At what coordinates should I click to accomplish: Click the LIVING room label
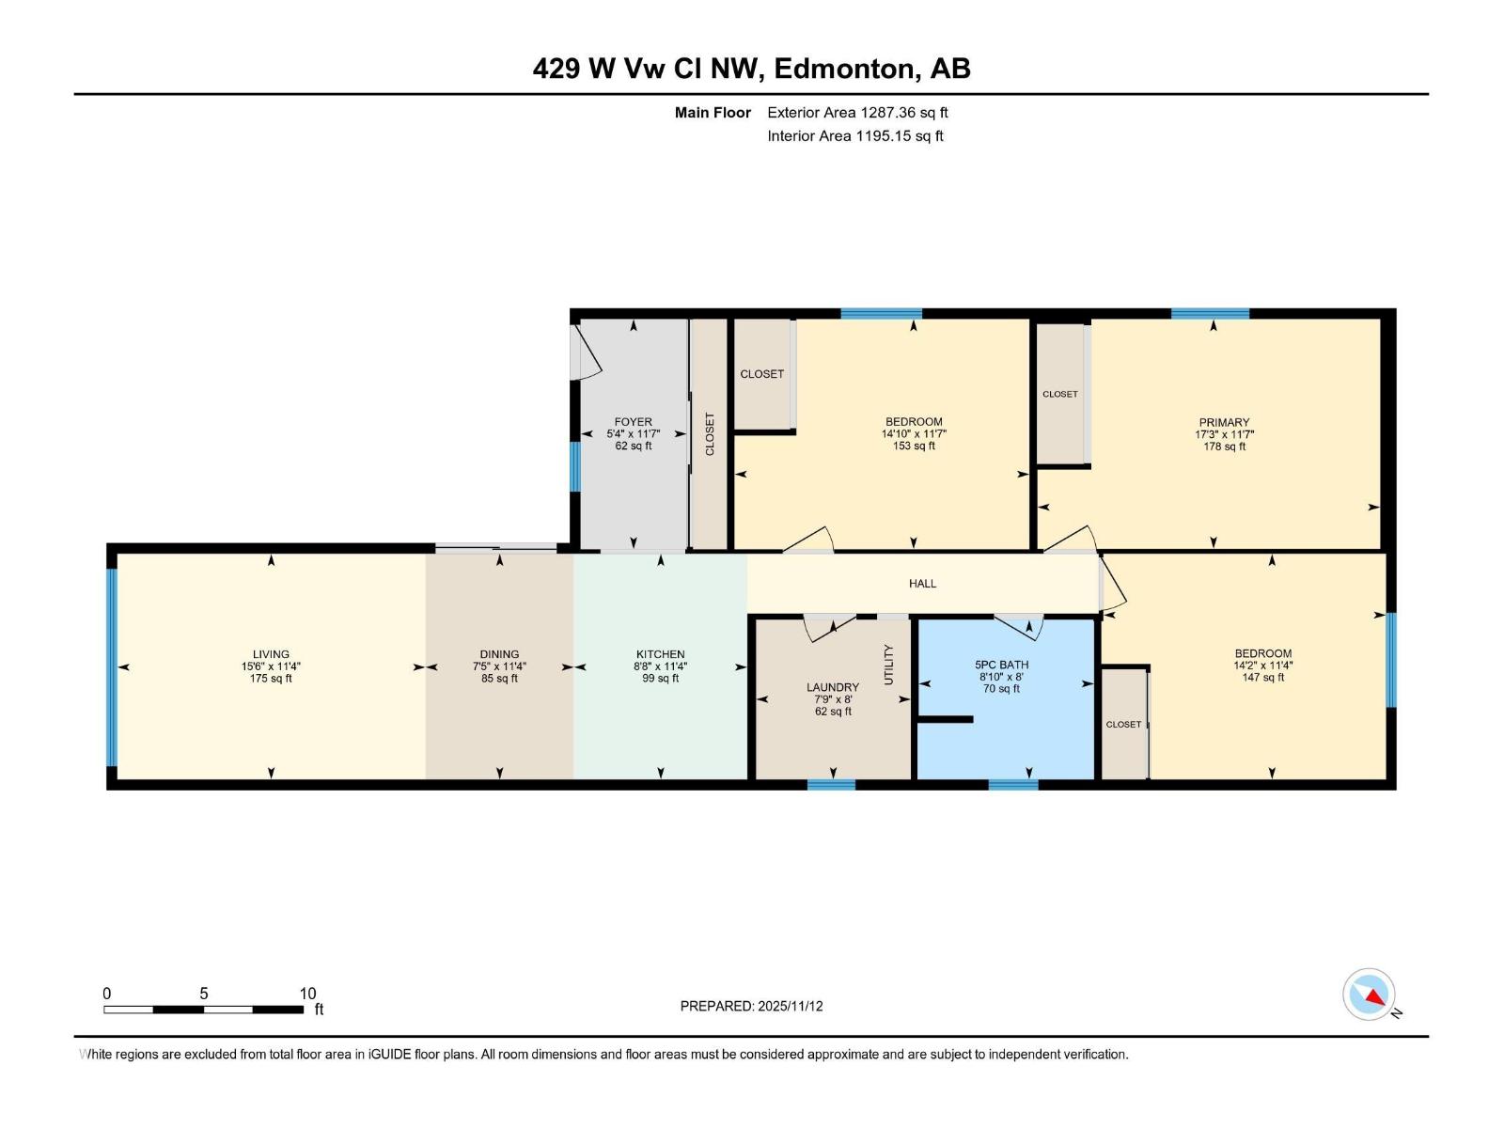click(271, 654)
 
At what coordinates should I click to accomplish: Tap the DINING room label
click(499, 654)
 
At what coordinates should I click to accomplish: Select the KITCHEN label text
click(660, 654)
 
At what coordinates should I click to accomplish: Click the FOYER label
click(633, 422)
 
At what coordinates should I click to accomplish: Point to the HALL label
click(922, 584)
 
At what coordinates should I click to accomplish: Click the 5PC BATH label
click(1001, 665)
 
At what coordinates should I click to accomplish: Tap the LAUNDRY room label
click(832, 687)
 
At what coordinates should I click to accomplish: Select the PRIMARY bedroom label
click(1223, 422)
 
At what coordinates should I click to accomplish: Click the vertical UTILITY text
click(888, 665)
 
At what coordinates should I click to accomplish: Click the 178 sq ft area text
click(1223, 446)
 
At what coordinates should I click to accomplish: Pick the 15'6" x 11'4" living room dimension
click(271, 666)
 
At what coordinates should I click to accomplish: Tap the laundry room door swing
click(829, 628)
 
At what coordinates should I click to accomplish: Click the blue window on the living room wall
click(112, 667)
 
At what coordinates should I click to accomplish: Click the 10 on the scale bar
click(307, 994)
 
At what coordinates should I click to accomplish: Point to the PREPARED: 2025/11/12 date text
click(751, 1006)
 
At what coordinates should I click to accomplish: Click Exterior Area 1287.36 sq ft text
click(856, 113)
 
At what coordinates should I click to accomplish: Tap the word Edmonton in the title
click(843, 69)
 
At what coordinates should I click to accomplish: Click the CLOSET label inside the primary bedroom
click(1059, 394)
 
